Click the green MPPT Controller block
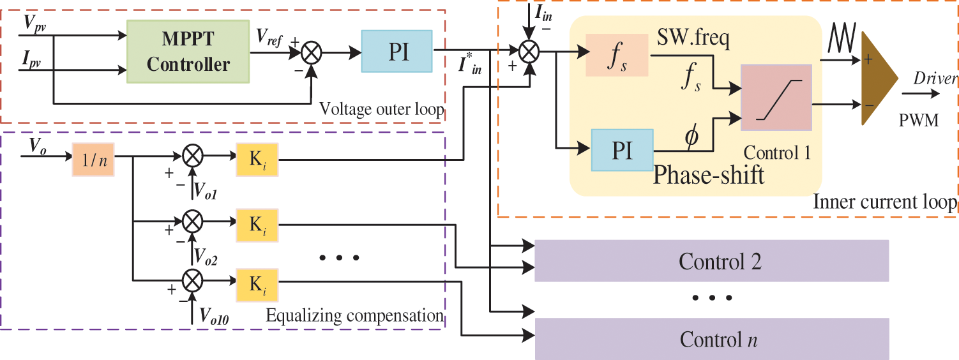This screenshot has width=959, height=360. (188, 51)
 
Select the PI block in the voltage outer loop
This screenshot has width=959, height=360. (397, 51)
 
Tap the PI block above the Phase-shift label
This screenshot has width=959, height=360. (622, 150)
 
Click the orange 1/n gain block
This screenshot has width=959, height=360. (93, 160)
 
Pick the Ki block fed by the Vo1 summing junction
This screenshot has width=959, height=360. (257, 160)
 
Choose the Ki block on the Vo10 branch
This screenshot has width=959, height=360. (257, 285)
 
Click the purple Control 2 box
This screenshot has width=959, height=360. (712, 260)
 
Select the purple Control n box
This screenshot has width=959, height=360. (712, 338)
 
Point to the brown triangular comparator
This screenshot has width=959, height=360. (879, 79)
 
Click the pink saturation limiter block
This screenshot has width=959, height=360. (776, 98)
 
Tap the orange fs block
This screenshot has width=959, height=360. (617, 56)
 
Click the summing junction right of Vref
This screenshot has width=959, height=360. (311, 53)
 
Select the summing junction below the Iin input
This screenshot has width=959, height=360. (529, 51)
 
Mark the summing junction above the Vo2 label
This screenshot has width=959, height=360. (193, 221)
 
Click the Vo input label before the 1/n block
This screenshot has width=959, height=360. (38, 146)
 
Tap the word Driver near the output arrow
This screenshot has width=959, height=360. (935, 79)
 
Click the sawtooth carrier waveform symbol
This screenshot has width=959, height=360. (842, 38)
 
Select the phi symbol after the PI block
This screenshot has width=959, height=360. (691, 137)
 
